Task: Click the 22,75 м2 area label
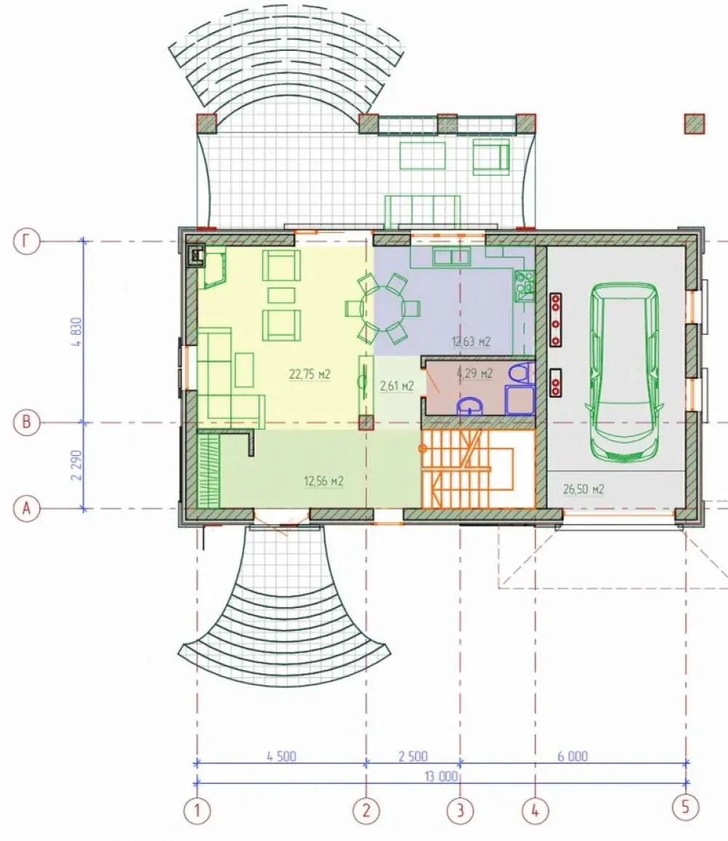309,374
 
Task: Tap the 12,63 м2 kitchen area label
471,341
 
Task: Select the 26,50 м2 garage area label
583,489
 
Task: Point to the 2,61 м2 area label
396,386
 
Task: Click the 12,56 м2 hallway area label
324,481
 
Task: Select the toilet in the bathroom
520,374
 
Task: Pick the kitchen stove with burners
524,285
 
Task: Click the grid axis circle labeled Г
27,241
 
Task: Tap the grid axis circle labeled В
27,422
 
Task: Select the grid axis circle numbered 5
686,806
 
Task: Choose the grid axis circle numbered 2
366,810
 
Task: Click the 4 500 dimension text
282,757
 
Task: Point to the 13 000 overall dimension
441,776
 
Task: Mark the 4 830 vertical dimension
76,332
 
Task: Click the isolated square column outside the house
695,123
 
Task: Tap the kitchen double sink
451,257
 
